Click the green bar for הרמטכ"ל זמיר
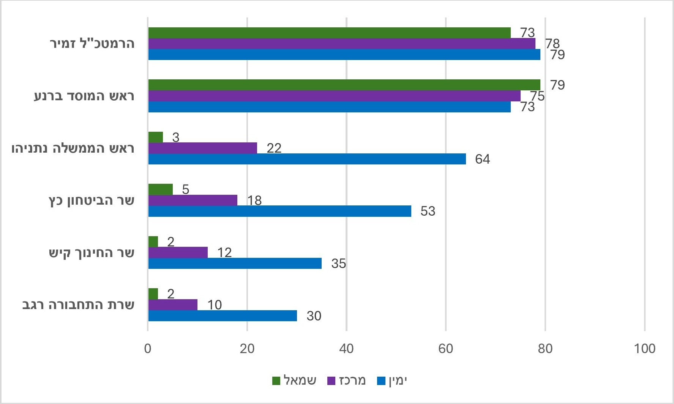329,33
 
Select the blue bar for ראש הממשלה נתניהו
307,159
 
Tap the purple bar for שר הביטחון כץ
193,200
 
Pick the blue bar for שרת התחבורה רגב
223,316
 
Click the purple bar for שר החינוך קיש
178,252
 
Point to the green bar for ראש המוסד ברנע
344,85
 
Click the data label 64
482,159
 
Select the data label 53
428,211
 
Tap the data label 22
274,148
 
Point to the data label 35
338,264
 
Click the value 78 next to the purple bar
552,44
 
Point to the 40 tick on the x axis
346,349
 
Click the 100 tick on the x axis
644,349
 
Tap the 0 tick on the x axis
148,349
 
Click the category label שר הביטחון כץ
92,200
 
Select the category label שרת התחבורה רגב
78,305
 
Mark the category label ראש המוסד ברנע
84,96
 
